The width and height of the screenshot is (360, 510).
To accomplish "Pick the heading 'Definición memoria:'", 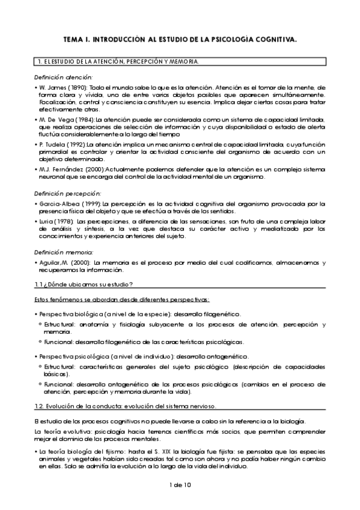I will [63, 253].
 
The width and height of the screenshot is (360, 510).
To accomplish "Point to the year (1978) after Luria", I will [67, 222].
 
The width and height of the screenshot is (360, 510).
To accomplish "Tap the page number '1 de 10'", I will [180, 485].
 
